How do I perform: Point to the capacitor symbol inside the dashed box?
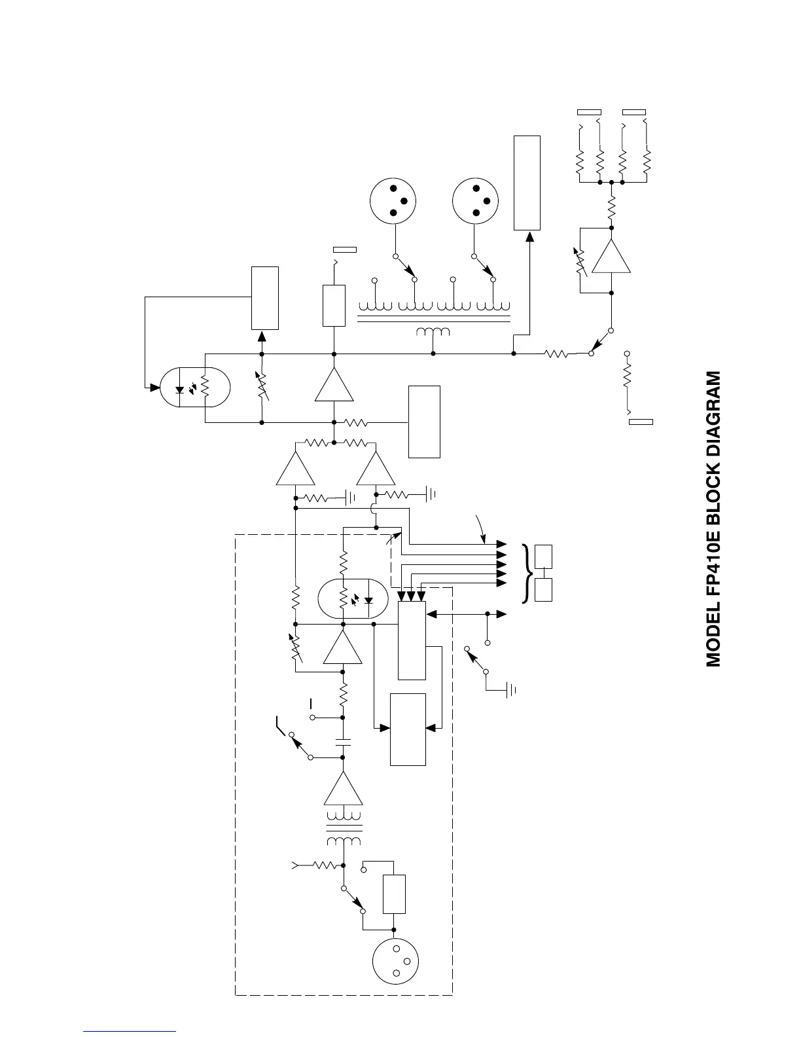point(343,742)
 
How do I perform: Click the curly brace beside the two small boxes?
point(525,573)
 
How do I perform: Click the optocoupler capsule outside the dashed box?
point(196,388)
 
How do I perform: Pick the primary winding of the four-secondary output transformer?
point(433,331)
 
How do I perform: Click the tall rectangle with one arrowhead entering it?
point(527,183)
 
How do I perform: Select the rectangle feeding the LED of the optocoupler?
point(265,298)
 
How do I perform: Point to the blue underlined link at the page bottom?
point(130,1031)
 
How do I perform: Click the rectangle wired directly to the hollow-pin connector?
point(394,894)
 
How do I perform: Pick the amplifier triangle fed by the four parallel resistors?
point(612,255)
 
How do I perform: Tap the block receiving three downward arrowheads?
point(412,640)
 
